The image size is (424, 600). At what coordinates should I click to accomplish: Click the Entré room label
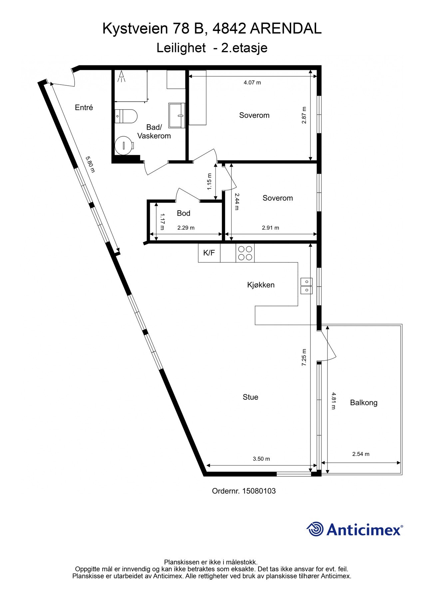(84, 108)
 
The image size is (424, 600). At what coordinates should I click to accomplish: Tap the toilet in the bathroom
(126, 116)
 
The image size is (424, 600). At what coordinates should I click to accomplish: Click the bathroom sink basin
(177, 115)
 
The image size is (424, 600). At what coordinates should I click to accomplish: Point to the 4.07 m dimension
(252, 82)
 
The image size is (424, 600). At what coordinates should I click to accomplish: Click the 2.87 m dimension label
(304, 115)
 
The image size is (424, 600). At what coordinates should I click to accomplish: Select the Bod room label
(184, 213)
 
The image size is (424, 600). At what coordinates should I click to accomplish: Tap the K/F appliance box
(209, 253)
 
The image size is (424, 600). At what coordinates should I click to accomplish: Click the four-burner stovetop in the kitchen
(245, 253)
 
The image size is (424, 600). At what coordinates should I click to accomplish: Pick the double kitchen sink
(306, 286)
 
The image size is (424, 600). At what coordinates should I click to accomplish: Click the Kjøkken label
(261, 285)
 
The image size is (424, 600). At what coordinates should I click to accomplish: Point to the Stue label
(250, 397)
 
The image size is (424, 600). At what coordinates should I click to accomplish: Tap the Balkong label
(364, 403)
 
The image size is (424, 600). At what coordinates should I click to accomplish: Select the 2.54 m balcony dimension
(361, 454)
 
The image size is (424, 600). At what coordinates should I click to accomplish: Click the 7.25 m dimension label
(304, 357)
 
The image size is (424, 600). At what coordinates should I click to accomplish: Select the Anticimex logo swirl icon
(315, 529)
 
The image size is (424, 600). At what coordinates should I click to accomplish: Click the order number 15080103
(259, 491)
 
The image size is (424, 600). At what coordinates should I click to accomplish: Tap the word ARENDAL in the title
(285, 29)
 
